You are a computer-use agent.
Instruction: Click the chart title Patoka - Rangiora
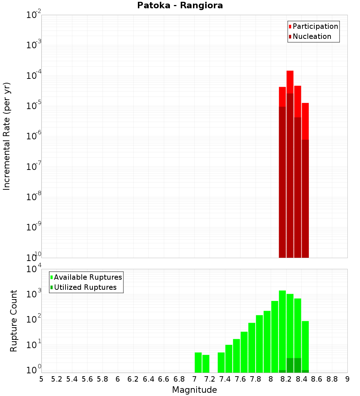click(180, 6)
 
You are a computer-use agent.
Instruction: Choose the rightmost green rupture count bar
click(305, 346)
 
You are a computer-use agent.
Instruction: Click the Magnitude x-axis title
click(194, 390)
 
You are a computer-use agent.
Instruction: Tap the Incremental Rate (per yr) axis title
click(7, 136)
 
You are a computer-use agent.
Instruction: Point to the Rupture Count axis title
click(14, 320)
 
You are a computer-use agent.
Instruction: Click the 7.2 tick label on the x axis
click(210, 379)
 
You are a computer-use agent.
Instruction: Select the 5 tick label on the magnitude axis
click(41, 379)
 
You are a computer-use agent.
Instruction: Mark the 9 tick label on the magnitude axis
click(347, 379)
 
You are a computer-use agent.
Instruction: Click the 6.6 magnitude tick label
click(163, 379)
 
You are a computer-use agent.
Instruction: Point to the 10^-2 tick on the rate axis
click(33, 15)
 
